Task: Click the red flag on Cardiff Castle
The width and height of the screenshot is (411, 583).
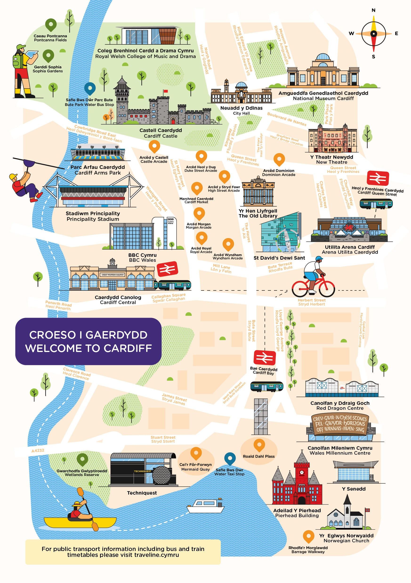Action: [165, 91]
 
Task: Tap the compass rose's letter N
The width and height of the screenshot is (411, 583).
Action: [373, 10]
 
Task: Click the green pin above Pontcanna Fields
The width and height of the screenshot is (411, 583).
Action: [51, 25]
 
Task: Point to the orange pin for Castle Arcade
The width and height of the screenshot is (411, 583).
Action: [154, 146]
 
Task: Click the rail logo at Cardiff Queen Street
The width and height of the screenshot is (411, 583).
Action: [378, 178]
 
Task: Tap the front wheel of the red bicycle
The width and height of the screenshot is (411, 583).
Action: [327, 289]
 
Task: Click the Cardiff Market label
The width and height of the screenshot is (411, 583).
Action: [196, 200]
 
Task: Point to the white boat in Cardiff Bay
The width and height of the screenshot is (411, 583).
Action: [205, 506]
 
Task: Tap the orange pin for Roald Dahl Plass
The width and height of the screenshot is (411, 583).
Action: [259, 445]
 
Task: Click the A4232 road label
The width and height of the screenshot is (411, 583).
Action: [38, 450]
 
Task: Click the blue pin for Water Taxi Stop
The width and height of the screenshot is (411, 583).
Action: [230, 458]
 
